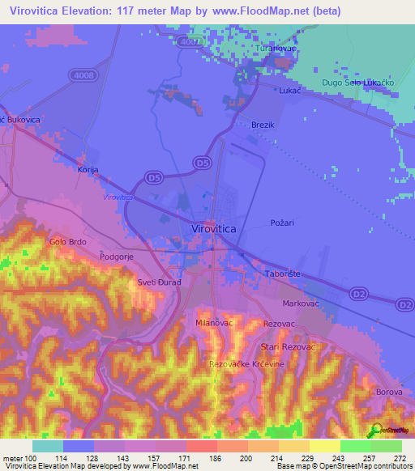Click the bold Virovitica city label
[x=214, y=230]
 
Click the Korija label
[x=87, y=171]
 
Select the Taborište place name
[x=284, y=274]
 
